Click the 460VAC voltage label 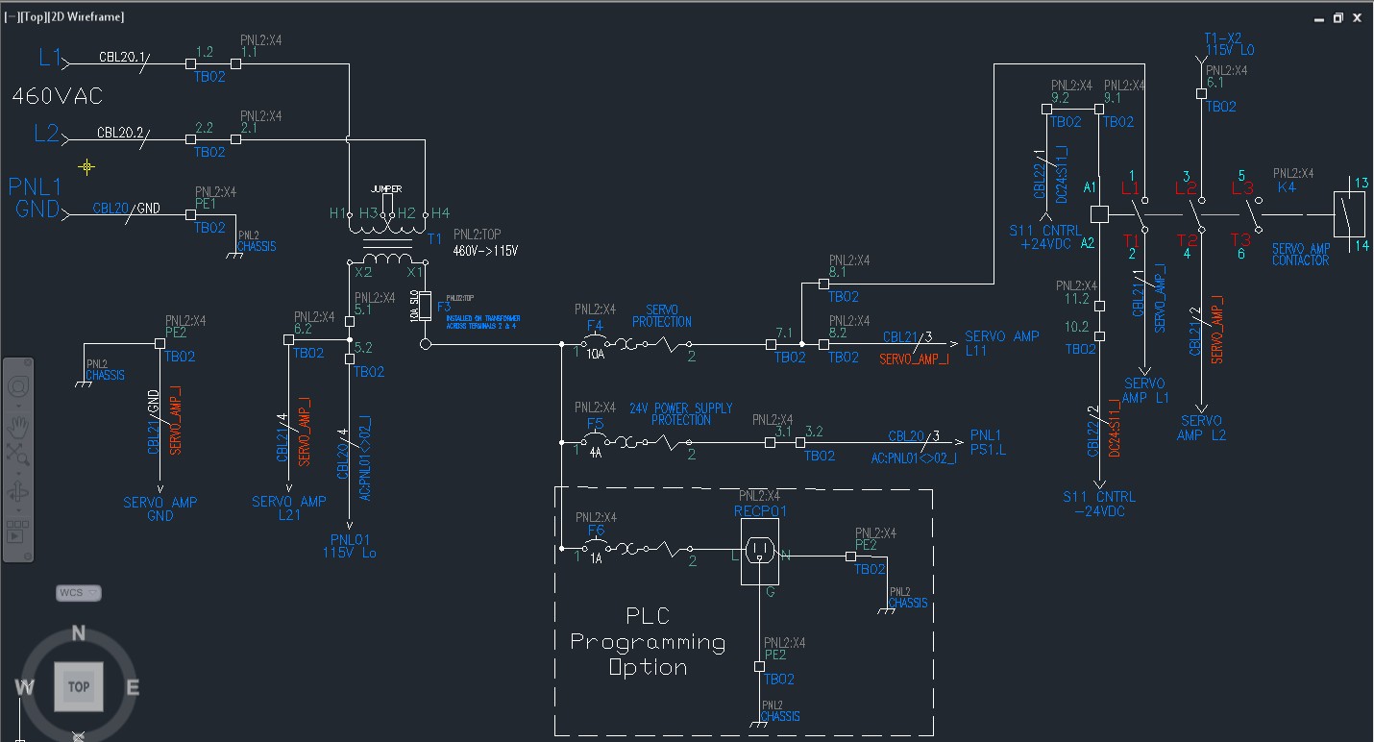[57, 97]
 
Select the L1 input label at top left [50, 58]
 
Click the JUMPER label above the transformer [385, 189]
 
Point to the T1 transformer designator [434, 238]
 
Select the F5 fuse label [595, 423]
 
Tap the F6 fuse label [595, 530]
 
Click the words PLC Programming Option [648, 641]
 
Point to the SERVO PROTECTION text [661, 316]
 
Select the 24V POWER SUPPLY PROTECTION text [680, 414]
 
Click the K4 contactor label [1286, 187]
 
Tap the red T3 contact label [1240, 239]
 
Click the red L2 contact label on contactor [1184, 189]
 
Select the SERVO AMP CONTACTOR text [1301, 255]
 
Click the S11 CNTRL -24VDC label [1098, 504]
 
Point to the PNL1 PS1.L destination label [988, 442]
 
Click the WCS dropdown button [78, 593]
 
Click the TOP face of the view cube [78, 686]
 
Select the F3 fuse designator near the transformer [443, 307]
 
